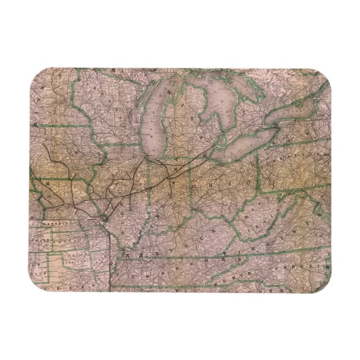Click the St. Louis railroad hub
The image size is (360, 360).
106,215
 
